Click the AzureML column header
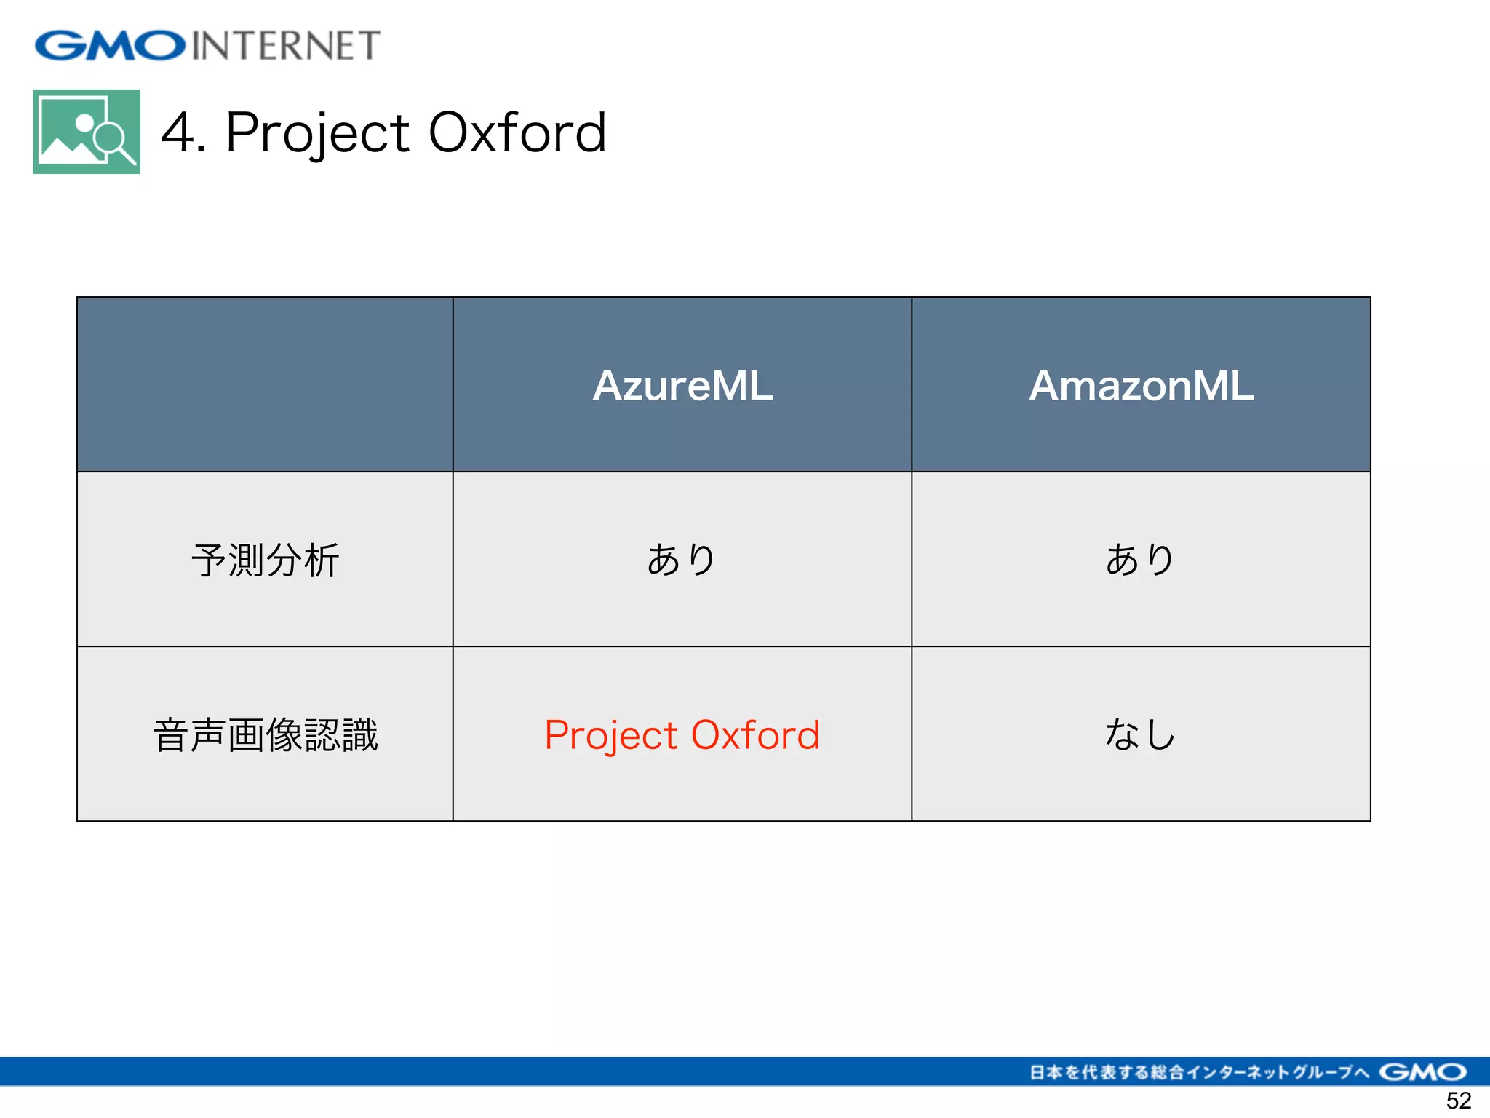tap(682, 385)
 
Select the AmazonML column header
tap(1141, 385)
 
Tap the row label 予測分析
tap(265, 560)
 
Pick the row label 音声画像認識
tap(265, 734)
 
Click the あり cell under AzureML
tap(682, 560)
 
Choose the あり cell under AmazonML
tap(1141, 560)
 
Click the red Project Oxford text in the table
tap(682, 734)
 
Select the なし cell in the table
tap(1141, 734)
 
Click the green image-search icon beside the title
tap(87, 132)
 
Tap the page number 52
tap(1458, 1100)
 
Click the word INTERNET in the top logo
tap(286, 45)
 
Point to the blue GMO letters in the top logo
tap(110, 45)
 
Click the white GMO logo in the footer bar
tap(1422, 1071)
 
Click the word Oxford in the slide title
tap(517, 132)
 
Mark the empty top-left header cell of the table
tap(265, 384)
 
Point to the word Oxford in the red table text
tap(755, 734)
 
